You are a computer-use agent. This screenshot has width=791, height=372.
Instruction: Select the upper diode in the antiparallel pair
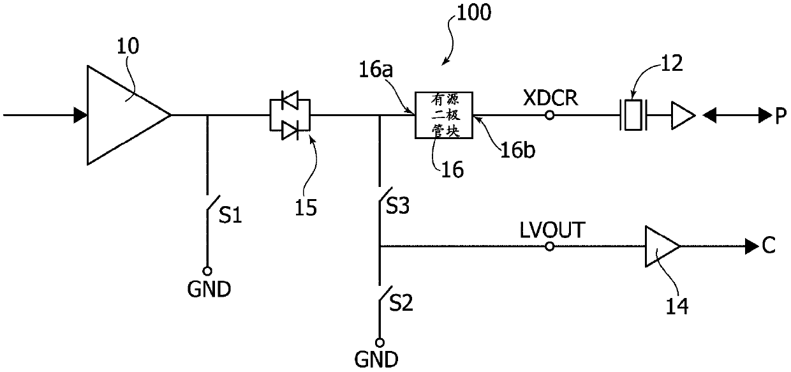290,100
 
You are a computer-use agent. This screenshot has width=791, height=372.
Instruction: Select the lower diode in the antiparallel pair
290,130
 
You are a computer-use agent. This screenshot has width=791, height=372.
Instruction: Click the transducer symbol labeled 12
633,115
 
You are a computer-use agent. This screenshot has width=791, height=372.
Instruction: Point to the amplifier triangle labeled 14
662,246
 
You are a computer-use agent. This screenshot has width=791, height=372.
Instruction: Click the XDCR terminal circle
549,115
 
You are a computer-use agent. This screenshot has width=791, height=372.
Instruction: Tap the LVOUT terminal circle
549,246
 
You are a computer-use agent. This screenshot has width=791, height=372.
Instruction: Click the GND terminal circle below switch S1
207,271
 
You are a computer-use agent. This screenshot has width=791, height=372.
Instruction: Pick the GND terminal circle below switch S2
380,343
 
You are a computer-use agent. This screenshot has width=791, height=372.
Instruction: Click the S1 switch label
230,215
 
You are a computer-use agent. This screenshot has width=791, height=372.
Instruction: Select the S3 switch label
397,206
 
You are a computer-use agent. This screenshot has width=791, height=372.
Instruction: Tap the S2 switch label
401,303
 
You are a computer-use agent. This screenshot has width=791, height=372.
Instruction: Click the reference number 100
474,13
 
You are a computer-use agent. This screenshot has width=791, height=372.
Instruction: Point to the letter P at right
781,115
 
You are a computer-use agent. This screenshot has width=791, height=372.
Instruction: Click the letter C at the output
769,245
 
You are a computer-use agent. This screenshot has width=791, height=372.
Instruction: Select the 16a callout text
376,70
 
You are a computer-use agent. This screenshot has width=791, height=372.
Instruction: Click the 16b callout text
518,150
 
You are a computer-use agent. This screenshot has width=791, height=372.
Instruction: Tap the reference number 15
306,207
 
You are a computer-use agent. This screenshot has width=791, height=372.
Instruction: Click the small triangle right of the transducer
683,115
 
